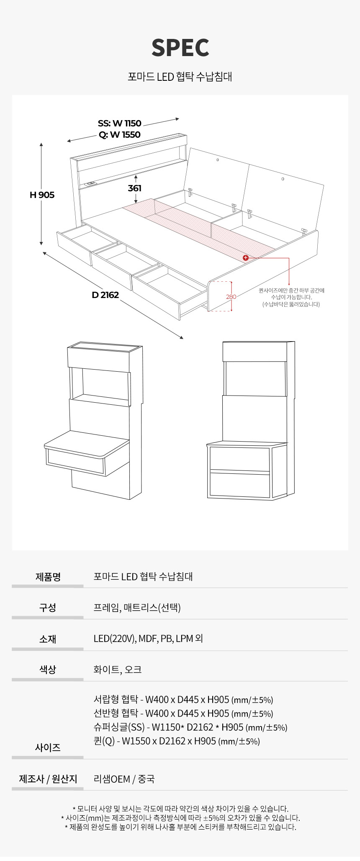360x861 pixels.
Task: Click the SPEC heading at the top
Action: point(180,48)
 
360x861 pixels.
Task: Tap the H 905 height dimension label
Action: point(42,195)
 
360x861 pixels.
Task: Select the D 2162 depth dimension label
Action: point(105,295)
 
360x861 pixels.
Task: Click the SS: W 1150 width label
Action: point(120,123)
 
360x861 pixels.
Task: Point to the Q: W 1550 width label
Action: point(120,134)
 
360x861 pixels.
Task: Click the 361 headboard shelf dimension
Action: point(134,188)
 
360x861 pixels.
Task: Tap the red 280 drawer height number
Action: point(231,297)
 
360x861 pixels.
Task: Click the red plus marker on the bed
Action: point(246,258)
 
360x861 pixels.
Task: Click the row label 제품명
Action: point(48,577)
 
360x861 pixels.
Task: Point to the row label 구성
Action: point(48,608)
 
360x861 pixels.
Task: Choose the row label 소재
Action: point(48,639)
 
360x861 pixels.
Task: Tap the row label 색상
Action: point(48,670)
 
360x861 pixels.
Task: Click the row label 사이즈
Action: point(48,748)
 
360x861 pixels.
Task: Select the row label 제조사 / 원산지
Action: point(48,779)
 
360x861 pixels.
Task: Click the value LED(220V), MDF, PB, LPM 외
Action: point(148,639)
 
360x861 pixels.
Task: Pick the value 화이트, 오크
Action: point(118,670)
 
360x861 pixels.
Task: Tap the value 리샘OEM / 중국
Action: point(124,779)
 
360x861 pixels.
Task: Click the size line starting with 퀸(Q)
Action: point(177,741)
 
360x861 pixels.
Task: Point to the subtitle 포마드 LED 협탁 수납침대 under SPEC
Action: point(180,77)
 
